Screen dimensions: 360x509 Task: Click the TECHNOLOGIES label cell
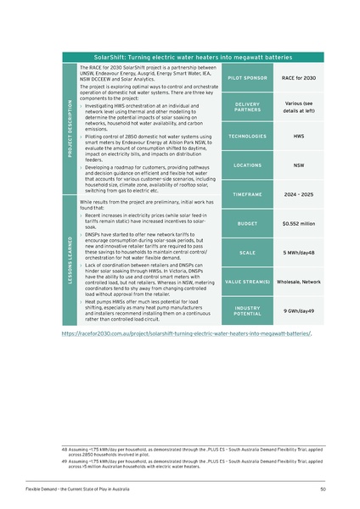click(247, 136)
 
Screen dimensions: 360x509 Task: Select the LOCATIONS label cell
click(247, 165)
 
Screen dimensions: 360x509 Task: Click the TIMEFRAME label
click(247, 194)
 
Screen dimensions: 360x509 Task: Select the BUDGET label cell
click(247, 224)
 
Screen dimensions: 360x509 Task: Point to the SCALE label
click(247, 253)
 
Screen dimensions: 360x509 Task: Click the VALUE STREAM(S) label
click(247, 281)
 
